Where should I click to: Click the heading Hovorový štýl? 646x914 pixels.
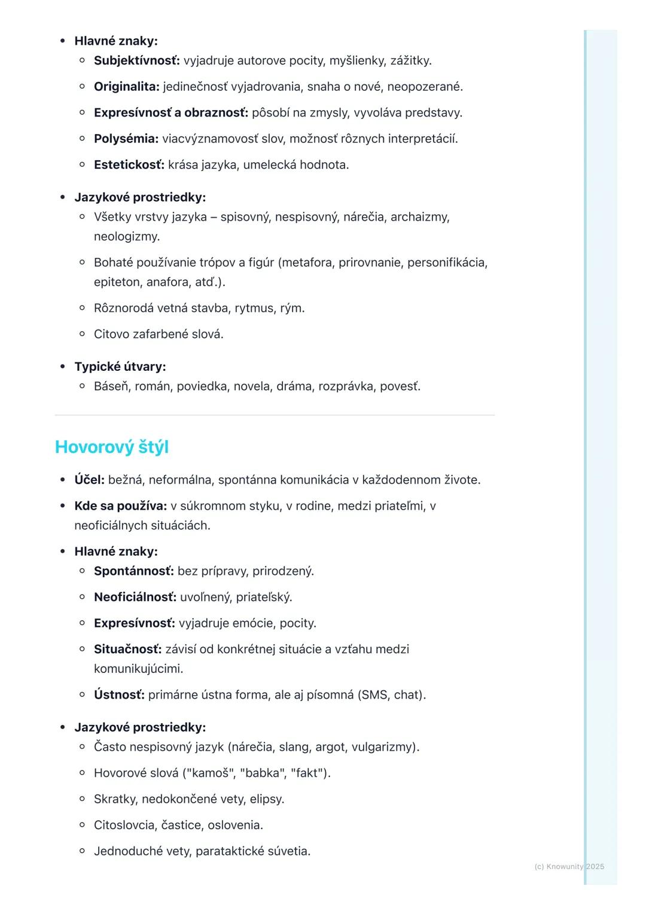(x=112, y=447)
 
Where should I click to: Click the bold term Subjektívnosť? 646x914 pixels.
(x=136, y=60)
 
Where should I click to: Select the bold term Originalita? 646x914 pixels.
(x=126, y=87)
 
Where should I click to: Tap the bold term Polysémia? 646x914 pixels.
(x=126, y=139)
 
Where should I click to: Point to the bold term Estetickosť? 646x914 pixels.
(x=129, y=164)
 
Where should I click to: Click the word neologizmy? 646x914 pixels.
(x=126, y=236)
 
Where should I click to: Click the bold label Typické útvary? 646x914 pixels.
(x=120, y=366)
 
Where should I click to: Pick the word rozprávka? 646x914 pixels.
(x=346, y=386)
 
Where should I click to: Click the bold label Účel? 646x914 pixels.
(x=89, y=480)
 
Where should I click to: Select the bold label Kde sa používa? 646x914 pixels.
(x=120, y=506)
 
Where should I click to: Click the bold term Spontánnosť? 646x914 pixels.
(x=133, y=571)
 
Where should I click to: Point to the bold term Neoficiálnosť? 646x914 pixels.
(x=135, y=597)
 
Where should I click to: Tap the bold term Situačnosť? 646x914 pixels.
(x=127, y=649)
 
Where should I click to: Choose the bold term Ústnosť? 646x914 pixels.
(x=119, y=695)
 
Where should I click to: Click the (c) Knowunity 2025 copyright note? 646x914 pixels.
(x=569, y=866)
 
